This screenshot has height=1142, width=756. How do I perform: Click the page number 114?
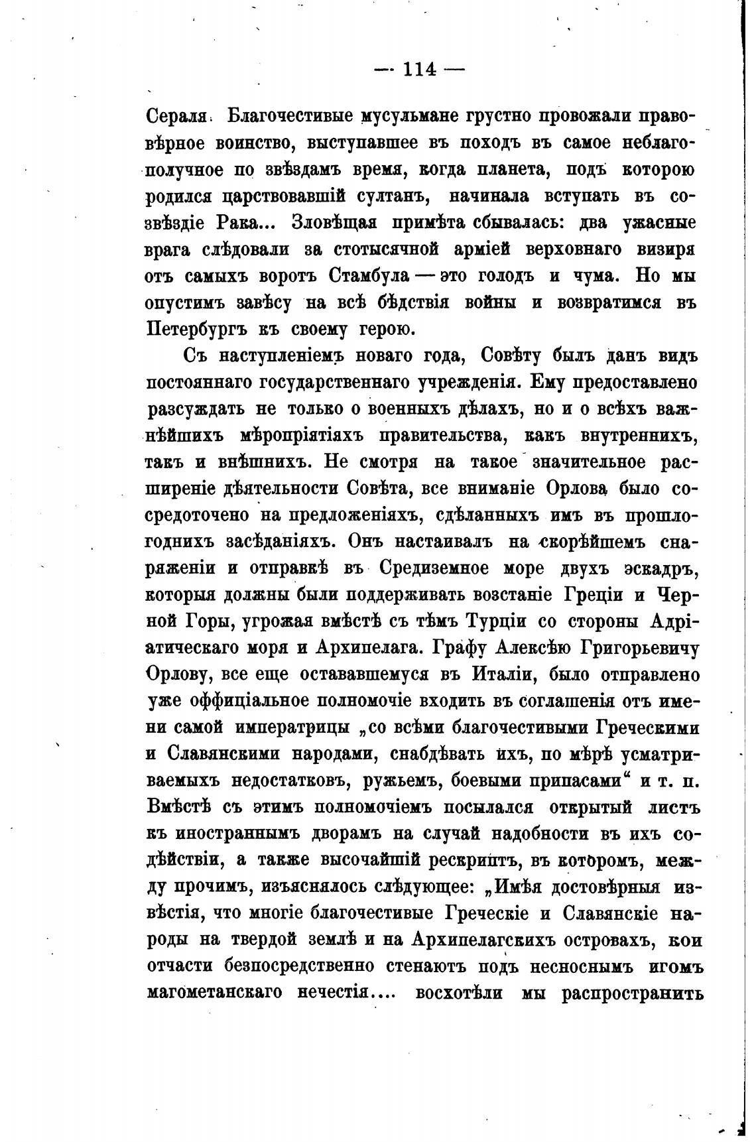pyautogui.click(x=419, y=69)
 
